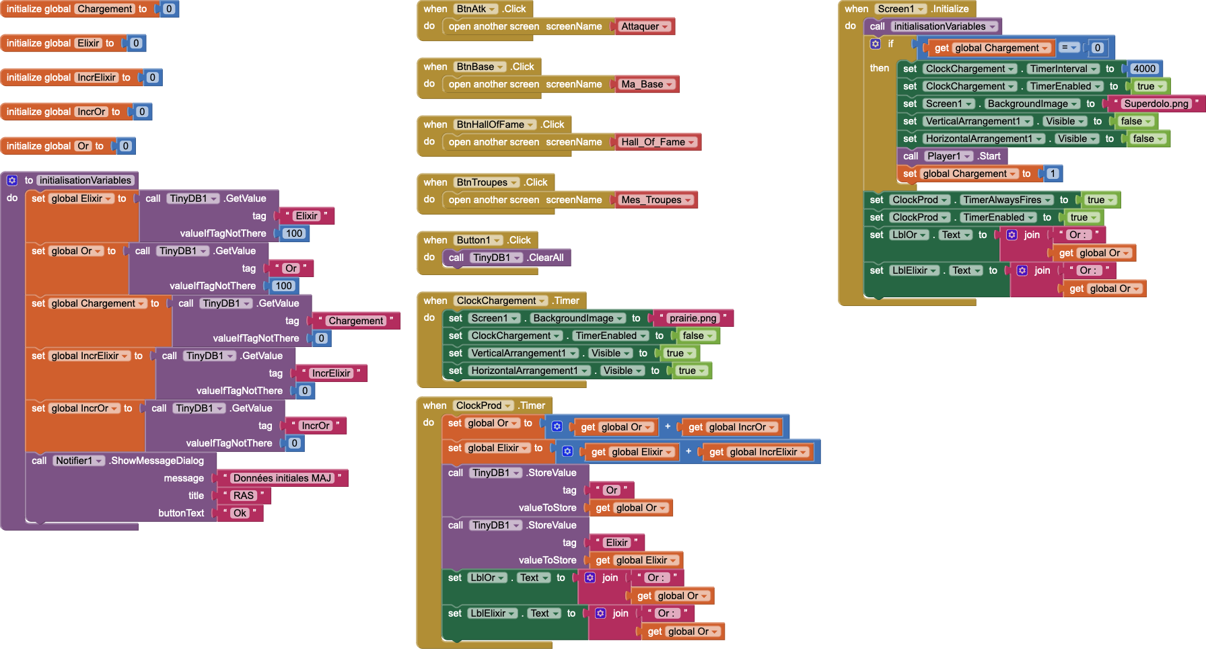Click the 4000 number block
(1144, 69)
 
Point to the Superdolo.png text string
(1156, 104)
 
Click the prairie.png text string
(693, 318)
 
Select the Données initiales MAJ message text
(282, 478)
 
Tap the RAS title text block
(243, 496)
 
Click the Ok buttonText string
(240, 513)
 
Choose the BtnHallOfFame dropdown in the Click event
(495, 124)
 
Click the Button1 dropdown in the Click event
(478, 240)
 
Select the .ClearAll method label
(546, 258)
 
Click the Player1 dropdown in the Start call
(948, 156)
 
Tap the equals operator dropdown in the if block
(1069, 48)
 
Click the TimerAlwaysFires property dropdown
(1007, 200)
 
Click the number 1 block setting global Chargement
(1053, 174)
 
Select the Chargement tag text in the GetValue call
(355, 321)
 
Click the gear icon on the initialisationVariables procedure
(12, 180)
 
